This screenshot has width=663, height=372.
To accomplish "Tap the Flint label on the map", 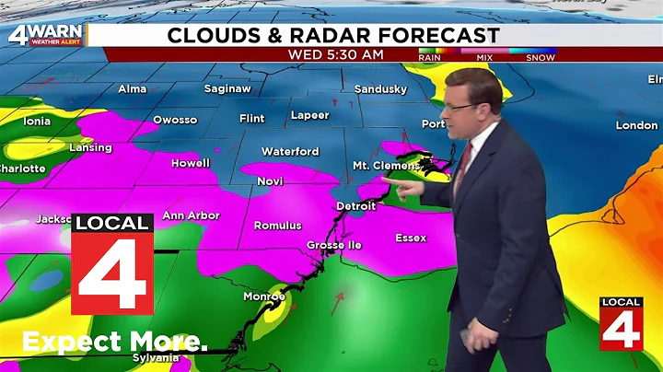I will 251,118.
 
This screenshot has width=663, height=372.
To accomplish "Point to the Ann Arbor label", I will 191,215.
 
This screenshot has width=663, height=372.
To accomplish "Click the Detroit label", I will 356,205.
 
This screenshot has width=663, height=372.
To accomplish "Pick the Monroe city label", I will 263,296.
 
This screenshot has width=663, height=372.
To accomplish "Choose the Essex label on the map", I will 411,238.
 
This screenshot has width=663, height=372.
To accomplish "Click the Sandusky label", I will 380,88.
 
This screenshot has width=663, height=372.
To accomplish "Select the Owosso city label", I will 175,120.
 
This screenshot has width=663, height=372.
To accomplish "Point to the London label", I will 636,125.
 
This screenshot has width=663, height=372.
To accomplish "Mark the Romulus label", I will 278,226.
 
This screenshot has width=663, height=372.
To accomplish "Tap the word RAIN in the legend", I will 430,57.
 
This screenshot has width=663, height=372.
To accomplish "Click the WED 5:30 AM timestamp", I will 335,54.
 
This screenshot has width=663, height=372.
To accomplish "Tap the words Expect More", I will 114,342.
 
